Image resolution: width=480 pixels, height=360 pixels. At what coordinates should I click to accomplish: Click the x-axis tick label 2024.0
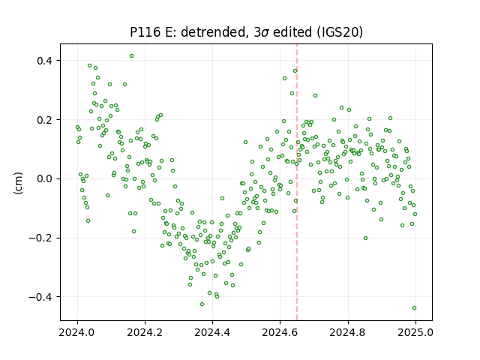(77, 332)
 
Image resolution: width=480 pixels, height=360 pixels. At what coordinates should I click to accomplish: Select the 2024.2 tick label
(145, 332)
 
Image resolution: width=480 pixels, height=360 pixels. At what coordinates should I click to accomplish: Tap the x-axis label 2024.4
(212, 332)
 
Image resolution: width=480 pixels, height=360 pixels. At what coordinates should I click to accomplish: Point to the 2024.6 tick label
(280, 332)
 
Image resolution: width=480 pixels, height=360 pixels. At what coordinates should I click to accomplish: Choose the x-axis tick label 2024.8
(348, 332)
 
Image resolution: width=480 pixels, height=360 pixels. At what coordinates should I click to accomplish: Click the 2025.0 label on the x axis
(415, 332)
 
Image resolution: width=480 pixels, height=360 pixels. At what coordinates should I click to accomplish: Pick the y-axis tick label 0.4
(44, 61)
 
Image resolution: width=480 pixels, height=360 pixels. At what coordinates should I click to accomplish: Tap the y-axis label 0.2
(44, 120)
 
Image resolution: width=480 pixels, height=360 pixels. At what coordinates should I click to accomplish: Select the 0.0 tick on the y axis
(44, 178)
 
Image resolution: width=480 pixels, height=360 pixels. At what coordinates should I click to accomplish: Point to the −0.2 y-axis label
(40, 238)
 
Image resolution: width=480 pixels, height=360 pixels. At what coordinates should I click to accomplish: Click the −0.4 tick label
(40, 297)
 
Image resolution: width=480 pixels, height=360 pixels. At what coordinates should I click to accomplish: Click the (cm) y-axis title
(18, 183)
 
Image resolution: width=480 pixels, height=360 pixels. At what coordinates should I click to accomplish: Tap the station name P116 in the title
(145, 32)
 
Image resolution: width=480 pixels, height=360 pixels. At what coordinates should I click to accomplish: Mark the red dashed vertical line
(297, 182)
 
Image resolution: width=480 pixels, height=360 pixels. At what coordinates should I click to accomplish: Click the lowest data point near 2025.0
(414, 308)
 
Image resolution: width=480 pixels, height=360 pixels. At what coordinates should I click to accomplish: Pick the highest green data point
(132, 56)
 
